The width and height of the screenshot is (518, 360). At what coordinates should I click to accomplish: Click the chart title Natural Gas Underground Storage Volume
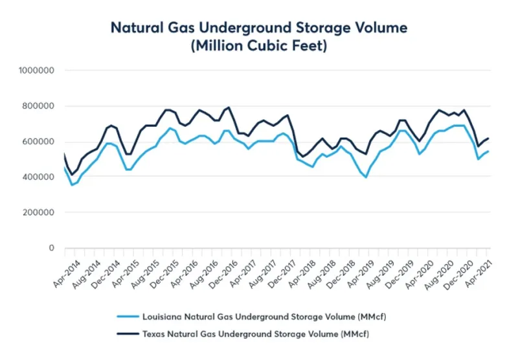click(259, 28)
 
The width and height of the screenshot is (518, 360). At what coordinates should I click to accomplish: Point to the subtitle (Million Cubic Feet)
click(259, 47)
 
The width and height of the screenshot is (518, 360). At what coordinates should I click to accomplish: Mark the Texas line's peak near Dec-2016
click(229, 107)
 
